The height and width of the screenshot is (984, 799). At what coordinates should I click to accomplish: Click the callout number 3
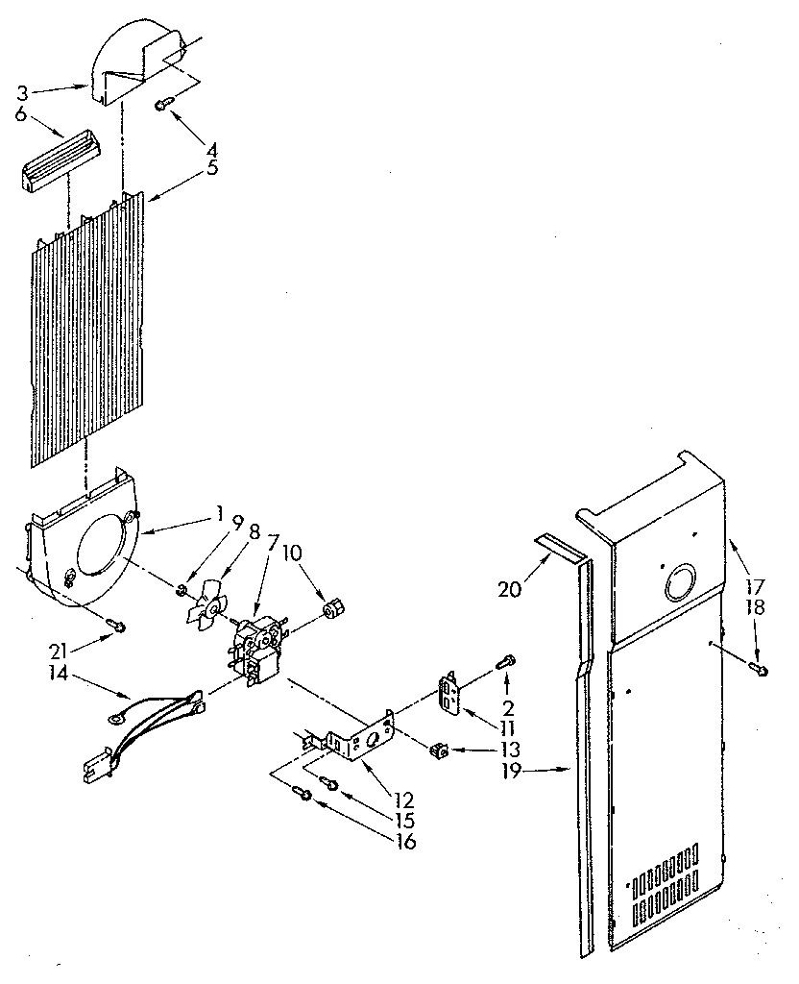point(22,93)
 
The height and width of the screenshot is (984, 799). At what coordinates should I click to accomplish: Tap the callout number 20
point(510,588)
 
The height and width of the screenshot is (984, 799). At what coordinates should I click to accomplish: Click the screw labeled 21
point(118,627)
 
